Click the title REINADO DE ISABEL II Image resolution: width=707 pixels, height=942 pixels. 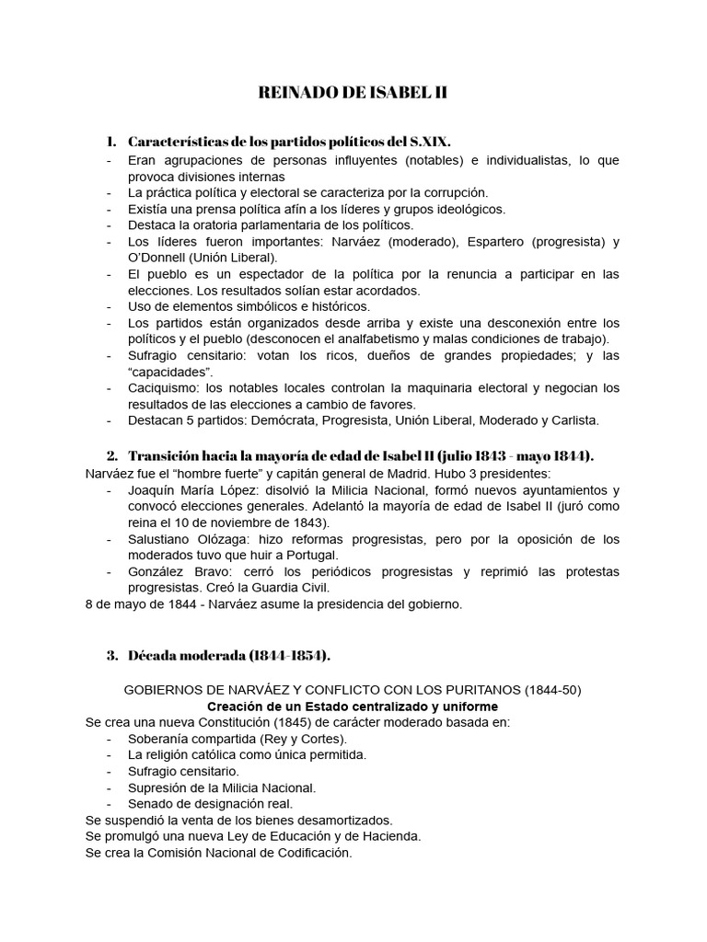click(x=353, y=93)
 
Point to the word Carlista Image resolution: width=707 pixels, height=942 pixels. click(x=569, y=420)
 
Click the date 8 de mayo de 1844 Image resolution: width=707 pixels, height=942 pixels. click(x=140, y=604)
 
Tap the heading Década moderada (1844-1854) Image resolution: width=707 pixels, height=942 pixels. click(x=228, y=655)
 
